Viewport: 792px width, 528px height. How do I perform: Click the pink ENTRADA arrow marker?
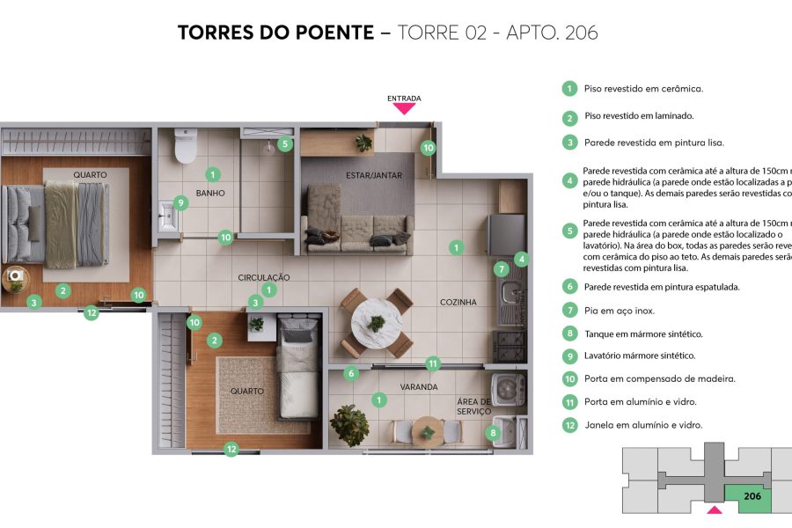(x=404, y=108)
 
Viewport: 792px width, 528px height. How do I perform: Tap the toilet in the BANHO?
(x=185, y=147)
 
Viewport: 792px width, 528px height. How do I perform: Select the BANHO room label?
(x=210, y=193)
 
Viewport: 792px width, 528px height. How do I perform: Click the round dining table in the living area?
(x=376, y=323)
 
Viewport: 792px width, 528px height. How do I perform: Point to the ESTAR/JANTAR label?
(x=373, y=175)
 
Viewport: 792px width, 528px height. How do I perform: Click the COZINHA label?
(x=458, y=302)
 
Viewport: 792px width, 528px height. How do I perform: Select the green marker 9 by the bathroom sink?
(x=180, y=202)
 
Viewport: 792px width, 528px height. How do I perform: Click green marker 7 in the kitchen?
(x=500, y=269)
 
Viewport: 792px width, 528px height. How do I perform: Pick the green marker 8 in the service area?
(x=492, y=432)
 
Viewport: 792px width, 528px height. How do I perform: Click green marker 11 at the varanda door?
(x=432, y=363)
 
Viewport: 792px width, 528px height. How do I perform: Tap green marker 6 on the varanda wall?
(x=351, y=373)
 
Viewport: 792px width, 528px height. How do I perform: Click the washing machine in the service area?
(x=508, y=388)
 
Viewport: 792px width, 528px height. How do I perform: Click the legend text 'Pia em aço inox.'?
(x=619, y=311)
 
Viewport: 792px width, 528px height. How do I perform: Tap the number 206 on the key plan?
(x=752, y=496)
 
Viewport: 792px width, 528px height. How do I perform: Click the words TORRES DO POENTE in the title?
(x=275, y=33)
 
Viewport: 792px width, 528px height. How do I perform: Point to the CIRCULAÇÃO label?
(x=263, y=277)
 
